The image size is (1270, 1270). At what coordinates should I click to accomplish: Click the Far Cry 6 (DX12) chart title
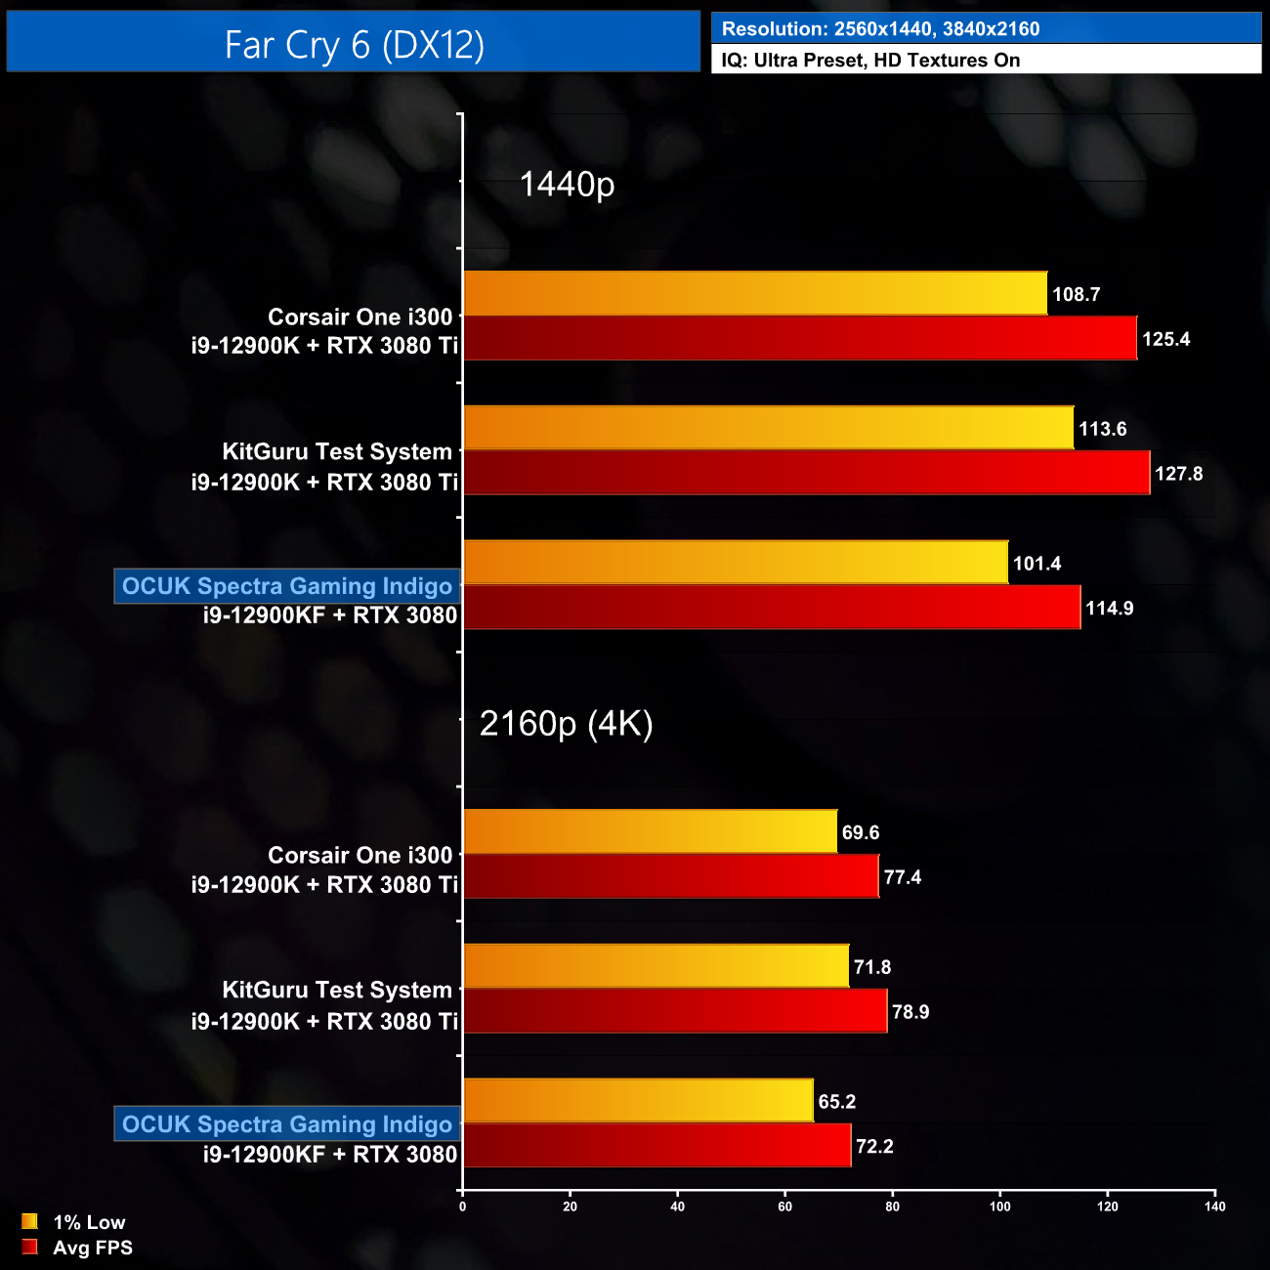click(354, 44)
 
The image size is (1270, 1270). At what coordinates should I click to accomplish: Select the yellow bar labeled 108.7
click(754, 293)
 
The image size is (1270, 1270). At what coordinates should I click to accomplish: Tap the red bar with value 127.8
click(806, 473)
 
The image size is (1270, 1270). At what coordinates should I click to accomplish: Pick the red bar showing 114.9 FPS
click(772, 608)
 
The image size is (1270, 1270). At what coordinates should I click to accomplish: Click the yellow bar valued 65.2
click(638, 1101)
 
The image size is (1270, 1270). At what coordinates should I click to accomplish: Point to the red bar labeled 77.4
click(670, 876)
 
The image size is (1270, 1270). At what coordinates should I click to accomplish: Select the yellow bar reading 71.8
click(656, 966)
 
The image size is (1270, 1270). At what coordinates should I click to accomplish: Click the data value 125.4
click(1165, 339)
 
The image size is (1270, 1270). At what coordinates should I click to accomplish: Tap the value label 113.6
click(1102, 429)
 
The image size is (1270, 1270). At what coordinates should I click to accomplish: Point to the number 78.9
click(910, 1012)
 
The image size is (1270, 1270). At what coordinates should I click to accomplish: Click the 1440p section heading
click(567, 184)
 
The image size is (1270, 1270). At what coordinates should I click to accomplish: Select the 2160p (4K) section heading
click(566, 723)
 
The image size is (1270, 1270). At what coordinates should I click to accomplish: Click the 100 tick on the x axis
click(999, 1206)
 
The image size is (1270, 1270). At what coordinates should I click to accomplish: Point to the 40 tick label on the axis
click(677, 1206)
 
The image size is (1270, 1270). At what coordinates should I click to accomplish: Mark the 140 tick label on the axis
click(1214, 1206)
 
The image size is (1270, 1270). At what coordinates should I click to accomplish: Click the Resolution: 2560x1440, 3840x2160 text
click(880, 29)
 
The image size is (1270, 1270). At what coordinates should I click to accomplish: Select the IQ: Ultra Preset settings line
click(870, 60)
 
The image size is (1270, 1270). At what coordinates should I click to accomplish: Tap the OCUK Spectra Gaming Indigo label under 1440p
click(287, 586)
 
